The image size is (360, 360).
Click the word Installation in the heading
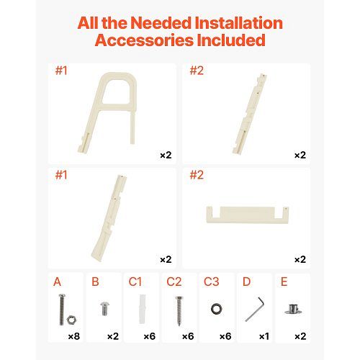(x=239, y=23)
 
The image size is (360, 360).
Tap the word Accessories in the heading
(x=144, y=40)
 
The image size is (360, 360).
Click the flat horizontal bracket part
(x=248, y=215)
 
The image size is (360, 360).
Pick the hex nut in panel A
(x=71, y=320)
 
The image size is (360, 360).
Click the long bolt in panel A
(x=62, y=310)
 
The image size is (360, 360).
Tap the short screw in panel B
(x=104, y=309)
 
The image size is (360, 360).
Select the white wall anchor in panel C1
(x=142, y=309)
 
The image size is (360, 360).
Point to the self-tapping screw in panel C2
(x=179, y=311)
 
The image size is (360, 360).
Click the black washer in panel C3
(x=217, y=309)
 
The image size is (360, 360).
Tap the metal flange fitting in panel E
(x=293, y=309)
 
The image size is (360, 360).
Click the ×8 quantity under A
(x=74, y=336)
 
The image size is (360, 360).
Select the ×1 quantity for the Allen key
(x=264, y=336)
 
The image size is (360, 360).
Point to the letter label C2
(x=174, y=282)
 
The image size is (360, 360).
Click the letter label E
(x=284, y=282)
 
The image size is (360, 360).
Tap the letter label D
(x=246, y=282)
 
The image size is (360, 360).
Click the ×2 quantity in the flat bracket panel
(x=300, y=260)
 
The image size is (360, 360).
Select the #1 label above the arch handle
(x=61, y=71)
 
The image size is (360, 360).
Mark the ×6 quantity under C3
(x=225, y=336)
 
